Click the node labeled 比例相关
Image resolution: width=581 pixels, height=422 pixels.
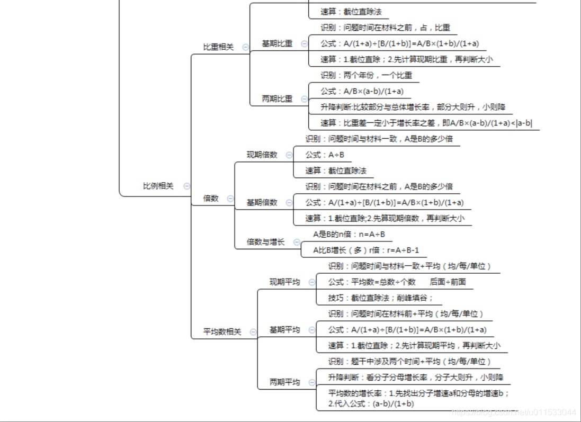(158, 186)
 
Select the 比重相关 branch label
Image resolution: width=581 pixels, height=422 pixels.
(218, 47)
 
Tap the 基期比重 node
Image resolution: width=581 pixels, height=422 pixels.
(277, 43)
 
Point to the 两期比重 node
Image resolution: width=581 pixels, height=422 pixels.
(277, 99)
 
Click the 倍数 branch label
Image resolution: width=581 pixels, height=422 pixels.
(211, 199)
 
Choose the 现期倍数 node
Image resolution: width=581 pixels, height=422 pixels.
(262, 155)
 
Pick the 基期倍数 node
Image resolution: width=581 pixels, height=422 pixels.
(262, 203)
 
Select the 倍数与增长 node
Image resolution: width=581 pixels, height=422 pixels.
(265, 242)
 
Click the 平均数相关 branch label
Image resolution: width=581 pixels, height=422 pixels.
(222, 332)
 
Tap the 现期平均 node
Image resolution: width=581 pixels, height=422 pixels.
(284, 282)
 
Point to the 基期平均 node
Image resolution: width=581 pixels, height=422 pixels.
(284, 330)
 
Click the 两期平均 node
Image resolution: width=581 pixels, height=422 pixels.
(284, 382)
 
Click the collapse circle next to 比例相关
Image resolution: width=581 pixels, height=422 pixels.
(186, 186)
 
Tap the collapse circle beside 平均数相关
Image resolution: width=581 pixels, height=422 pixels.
(253, 332)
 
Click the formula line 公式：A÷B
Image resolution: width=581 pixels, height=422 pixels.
(325, 155)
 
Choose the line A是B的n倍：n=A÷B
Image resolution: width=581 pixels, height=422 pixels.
(349, 234)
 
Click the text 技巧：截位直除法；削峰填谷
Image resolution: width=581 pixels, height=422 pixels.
(380, 298)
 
